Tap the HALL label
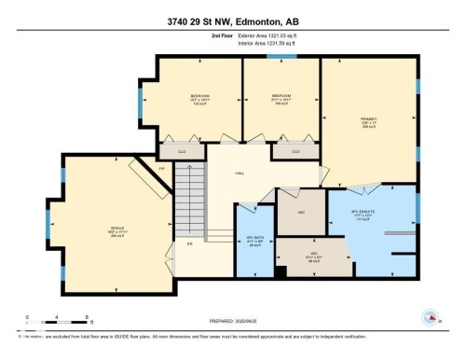pyautogui.click(x=240, y=173)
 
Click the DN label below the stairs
pyautogui.click(x=189, y=244)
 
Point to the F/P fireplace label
pyautogui.click(x=160, y=169)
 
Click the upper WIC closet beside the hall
pyautogui.click(x=302, y=211)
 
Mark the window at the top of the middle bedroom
pyautogui.click(x=276, y=58)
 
